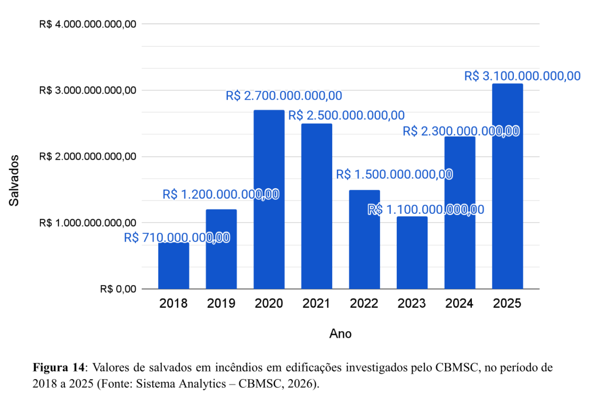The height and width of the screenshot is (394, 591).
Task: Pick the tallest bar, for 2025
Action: (x=507, y=186)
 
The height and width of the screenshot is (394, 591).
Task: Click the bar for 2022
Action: (x=364, y=239)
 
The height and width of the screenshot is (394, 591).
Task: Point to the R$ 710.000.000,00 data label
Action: (x=177, y=238)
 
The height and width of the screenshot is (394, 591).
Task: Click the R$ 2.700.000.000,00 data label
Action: (x=284, y=96)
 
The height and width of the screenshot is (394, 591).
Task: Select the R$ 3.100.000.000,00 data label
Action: (x=522, y=76)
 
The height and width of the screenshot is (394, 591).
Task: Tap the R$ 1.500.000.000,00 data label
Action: (x=395, y=174)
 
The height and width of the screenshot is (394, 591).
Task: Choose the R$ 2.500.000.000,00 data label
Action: (x=346, y=116)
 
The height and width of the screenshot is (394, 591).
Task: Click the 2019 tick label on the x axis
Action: (x=221, y=304)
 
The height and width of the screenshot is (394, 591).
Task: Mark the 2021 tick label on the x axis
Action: (x=316, y=304)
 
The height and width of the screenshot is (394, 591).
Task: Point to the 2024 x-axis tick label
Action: (x=459, y=304)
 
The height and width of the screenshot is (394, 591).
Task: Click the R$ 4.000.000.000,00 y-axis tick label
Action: (x=88, y=24)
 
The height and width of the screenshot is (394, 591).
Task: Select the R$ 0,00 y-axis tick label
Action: (x=118, y=289)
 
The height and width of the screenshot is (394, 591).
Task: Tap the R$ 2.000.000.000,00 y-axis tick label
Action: (x=88, y=157)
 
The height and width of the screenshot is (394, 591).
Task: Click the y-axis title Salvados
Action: (x=14, y=180)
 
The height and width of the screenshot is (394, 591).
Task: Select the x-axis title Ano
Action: (x=340, y=334)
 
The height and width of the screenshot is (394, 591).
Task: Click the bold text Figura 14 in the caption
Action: (x=59, y=368)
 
